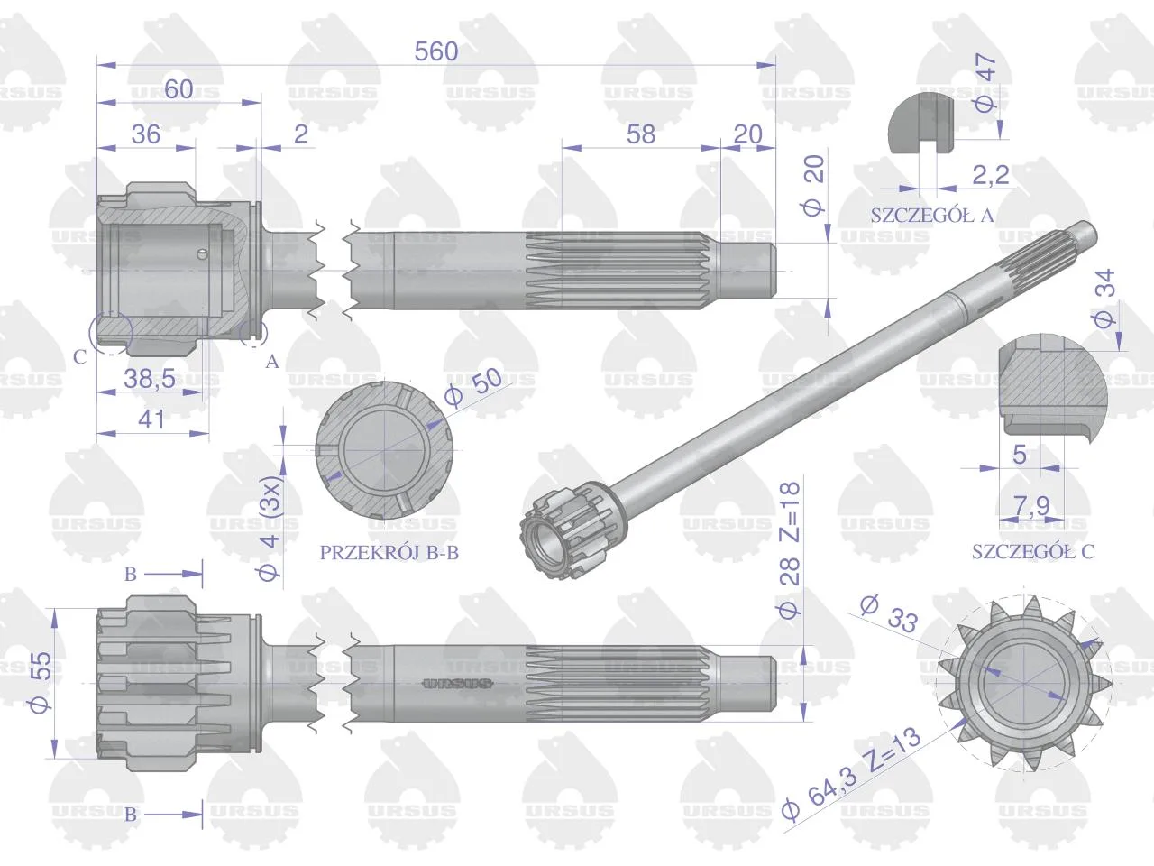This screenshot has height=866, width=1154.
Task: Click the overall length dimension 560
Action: [x=435, y=51]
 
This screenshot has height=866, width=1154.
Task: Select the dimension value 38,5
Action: [x=150, y=378]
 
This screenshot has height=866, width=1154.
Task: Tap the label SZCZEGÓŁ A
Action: [x=932, y=215]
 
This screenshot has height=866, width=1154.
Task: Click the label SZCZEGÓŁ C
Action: [x=1032, y=551]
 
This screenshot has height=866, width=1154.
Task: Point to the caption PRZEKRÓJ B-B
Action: [x=389, y=553]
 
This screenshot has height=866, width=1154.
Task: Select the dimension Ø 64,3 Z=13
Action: [x=852, y=774]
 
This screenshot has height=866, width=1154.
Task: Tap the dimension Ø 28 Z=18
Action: [x=789, y=550]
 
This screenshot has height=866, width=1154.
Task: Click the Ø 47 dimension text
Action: [x=985, y=83]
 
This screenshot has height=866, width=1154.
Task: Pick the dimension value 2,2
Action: [x=991, y=175]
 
